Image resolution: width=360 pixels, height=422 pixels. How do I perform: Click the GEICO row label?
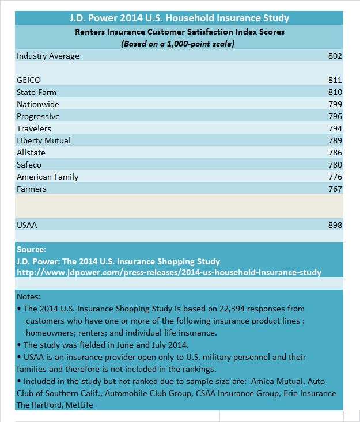pyautogui.click(x=29, y=80)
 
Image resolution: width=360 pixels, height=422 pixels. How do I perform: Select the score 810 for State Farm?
pyautogui.click(x=335, y=92)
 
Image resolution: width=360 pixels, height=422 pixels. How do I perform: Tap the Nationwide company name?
pyautogui.click(x=38, y=104)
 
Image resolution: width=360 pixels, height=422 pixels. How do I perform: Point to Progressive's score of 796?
pyautogui.click(x=335, y=116)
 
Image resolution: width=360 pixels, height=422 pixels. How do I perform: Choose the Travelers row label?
pyautogui.click(x=34, y=128)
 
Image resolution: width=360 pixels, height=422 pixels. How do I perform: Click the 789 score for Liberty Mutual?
pyautogui.click(x=335, y=140)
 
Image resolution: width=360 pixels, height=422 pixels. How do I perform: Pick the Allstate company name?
pyautogui.click(x=31, y=153)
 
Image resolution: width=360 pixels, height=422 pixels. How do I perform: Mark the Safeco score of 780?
pyautogui.click(x=335, y=165)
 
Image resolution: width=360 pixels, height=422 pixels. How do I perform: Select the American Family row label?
pyautogui.click(x=48, y=177)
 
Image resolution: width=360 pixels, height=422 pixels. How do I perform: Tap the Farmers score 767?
pyautogui.click(x=335, y=189)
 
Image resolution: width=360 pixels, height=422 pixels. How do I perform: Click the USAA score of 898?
pyautogui.click(x=335, y=225)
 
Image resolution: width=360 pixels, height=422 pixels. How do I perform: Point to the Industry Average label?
pyautogui.click(x=48, y=56)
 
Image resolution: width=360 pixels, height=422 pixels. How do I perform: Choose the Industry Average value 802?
pyautogui.click(x=335, y=56)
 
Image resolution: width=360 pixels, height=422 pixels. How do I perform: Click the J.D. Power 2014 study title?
pyautogui.click(x=179, y=18)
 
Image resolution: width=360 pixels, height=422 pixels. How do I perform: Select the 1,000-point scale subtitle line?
pyautogui.click(x=179, y=44)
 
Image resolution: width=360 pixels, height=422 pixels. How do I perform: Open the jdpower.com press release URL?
pyautogui.click(x=169, y=272)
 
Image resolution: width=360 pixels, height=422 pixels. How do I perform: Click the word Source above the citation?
pyautogui.click(x=31, y=250)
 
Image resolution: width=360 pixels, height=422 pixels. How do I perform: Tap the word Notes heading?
pyautogui.click(x=29, y=296)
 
